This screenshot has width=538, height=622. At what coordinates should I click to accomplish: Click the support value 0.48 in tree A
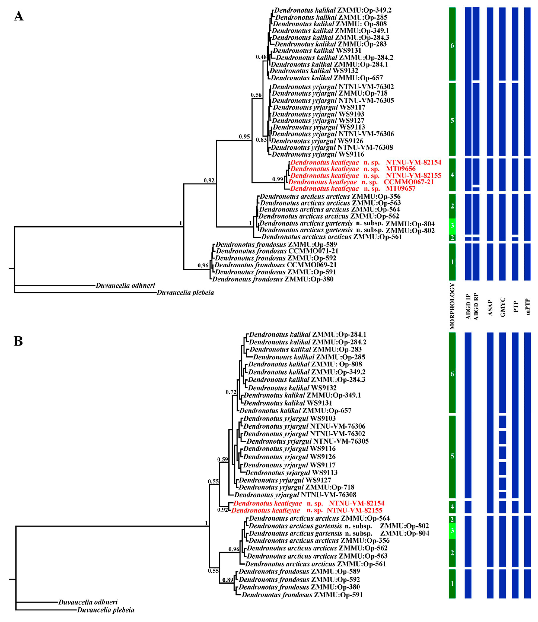click(x=261, y=57)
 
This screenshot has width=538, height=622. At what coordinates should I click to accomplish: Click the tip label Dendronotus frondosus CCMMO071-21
click(x=277, y=251)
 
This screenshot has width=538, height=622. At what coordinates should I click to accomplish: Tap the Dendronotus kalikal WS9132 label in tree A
click(x=314, y=71)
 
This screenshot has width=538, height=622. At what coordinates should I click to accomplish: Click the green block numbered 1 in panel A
click(x=452, y=262)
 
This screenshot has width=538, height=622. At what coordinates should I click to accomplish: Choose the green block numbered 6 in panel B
click(x=452, y=374)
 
